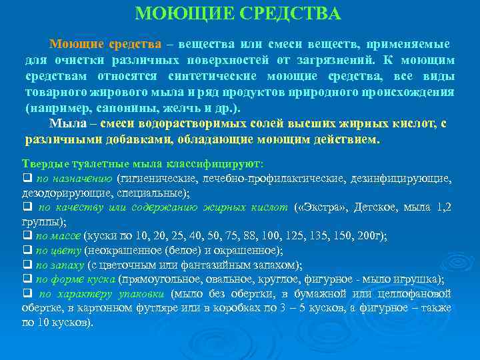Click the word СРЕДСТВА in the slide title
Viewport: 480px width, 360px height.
point(291,14)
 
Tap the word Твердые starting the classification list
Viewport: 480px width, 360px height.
point(43,164)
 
